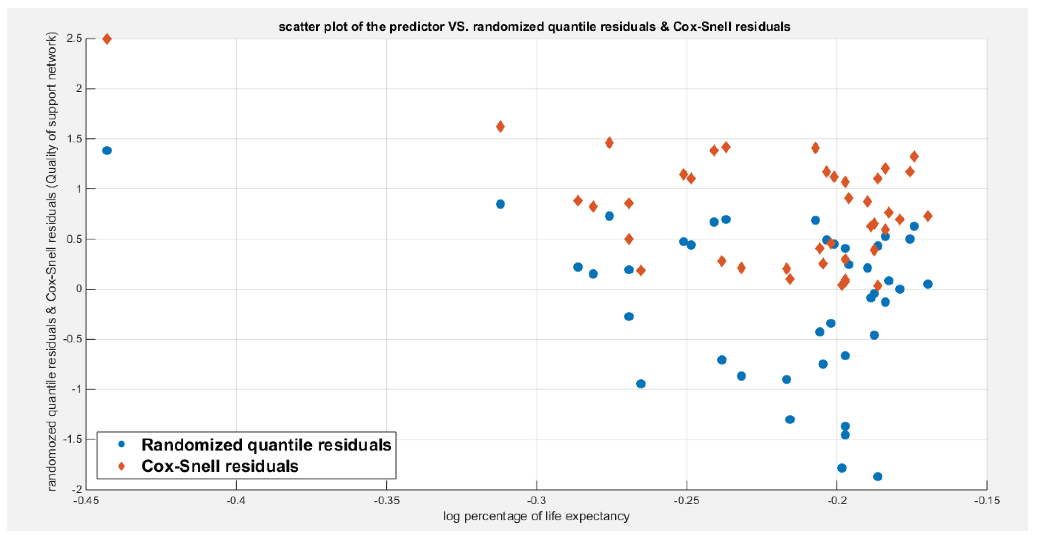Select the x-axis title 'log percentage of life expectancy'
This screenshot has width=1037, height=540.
(x=536, y=516)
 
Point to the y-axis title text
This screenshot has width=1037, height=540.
(x=52, y=262)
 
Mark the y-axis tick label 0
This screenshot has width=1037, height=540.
(x=79, y=289)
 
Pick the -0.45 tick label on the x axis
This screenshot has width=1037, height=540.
(x=86, y=500)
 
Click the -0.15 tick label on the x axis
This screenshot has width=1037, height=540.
(x=986, y=500)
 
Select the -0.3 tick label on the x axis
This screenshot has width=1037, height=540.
(x=536, y=500)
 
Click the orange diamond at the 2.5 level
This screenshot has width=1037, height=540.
(x=107, y=39)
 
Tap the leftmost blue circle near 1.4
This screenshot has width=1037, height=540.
(x=107, y=151)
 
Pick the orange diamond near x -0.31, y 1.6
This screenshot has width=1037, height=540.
(x=500, y=127)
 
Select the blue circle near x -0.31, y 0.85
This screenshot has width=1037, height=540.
(x=500, y=204)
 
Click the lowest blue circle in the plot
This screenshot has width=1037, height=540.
(x=878, y=476)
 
